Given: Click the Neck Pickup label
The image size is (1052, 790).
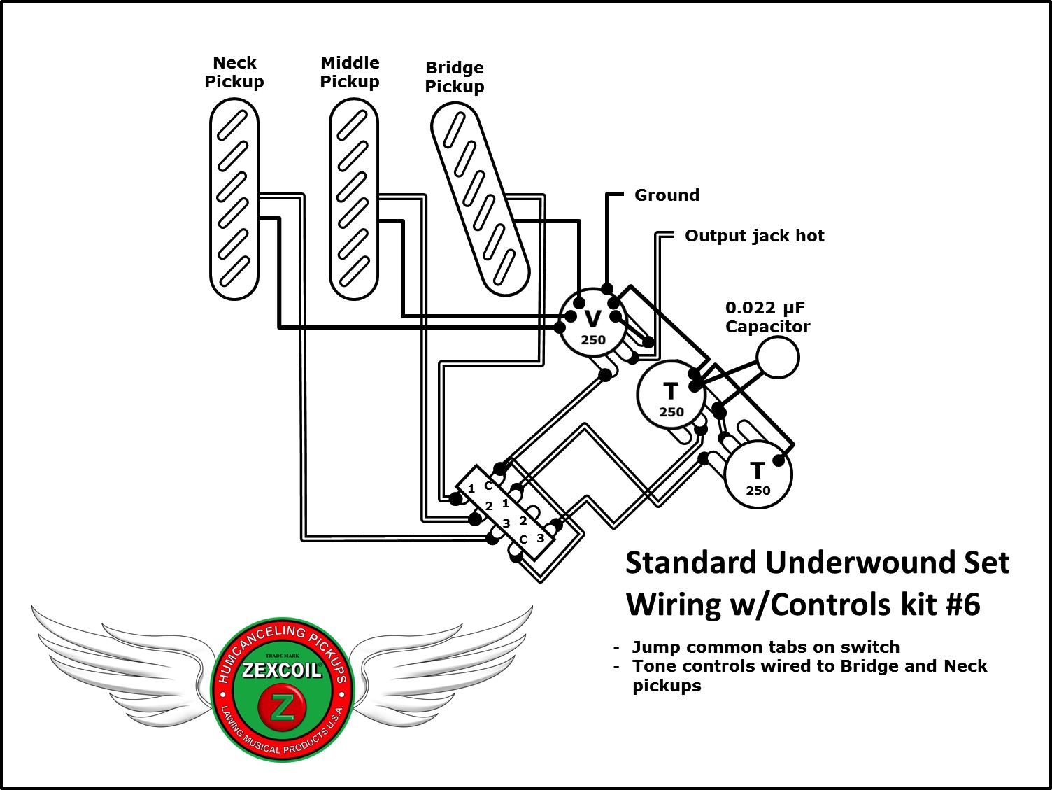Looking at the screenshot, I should click(x=234, y=73).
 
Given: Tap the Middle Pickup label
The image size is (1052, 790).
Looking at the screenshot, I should click(x=350, y=73).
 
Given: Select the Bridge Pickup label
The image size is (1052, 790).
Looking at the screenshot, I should click(x=455, y=78).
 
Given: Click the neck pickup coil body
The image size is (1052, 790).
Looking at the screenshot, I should click(x=234, y=199).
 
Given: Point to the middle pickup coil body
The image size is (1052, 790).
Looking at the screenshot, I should click(x=353, y=199).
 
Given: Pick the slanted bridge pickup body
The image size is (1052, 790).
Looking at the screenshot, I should click(x=479, y=199).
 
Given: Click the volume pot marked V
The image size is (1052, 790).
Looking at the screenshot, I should click(x=592, y=322).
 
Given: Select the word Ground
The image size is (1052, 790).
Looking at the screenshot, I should click(x=667, y=195).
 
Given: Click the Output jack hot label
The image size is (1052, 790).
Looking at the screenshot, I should click(x=754, y=236).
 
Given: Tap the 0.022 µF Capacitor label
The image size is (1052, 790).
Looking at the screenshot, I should click(x=767, y=317).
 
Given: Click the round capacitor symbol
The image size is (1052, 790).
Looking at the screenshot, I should click(x=778, y=357).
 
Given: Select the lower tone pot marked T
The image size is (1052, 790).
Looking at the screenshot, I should click(x=758, y=474).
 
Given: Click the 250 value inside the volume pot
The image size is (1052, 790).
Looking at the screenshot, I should click(x=593, y=340).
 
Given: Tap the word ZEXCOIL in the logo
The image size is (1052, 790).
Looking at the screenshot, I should click(x=282, y=670).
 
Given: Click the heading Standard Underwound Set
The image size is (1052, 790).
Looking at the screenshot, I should click(x=817, y=563).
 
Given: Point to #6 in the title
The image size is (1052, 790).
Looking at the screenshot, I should click(x=962, y=605).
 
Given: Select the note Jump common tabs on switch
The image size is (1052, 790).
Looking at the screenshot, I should click(x=765, y=647).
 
